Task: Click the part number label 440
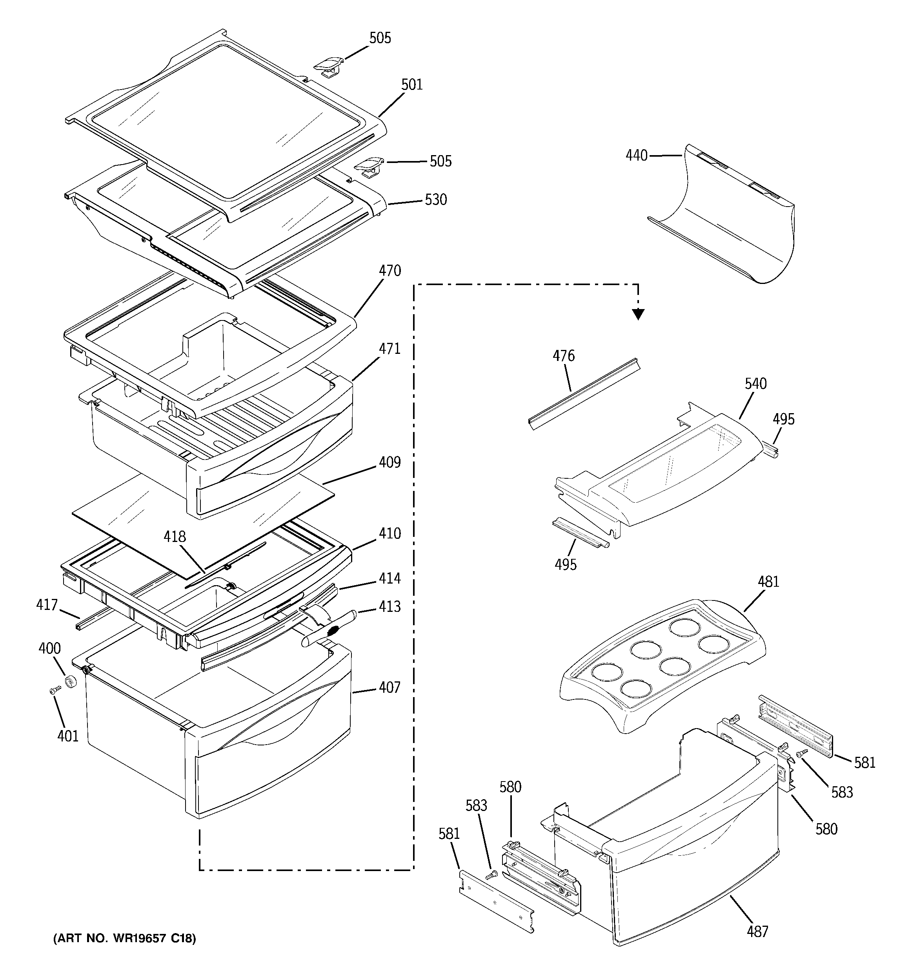coord(637,156)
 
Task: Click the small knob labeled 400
coord(72,681)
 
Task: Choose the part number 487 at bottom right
coord(757,932)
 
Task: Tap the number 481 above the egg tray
coord(768,582)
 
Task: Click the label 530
coord(436,200)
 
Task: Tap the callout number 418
coord(175,537)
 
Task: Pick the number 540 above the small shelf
coord(755,384)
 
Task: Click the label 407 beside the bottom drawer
coord(389,688)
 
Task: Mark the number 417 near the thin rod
coord(47,605)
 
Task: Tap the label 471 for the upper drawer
coord(390,349)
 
